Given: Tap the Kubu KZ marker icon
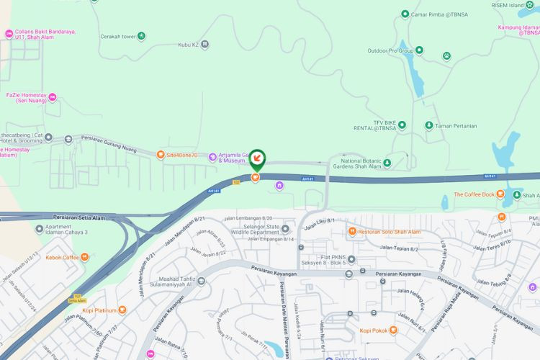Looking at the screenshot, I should [206, 44].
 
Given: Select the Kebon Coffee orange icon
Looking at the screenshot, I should [85, 257].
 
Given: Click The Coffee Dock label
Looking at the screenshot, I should [474, 194].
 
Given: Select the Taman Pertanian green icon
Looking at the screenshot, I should [429, 125].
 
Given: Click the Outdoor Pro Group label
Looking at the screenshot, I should [390, 51].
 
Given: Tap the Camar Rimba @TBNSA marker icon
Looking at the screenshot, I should [404, 14].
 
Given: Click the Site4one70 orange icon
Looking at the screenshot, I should [161, 154].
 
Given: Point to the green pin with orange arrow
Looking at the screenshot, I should [256, 158].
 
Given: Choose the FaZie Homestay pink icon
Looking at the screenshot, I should [53, 97].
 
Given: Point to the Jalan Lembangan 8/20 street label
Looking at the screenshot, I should [248, 217].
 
